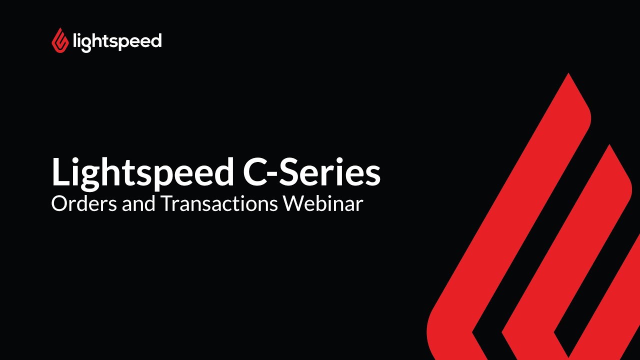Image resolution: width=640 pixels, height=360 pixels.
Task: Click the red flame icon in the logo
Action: [x=60, y=40]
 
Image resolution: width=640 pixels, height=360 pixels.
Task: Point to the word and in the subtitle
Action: [x=135, y=203]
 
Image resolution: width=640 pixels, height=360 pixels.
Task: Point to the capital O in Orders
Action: [x=59, y=203]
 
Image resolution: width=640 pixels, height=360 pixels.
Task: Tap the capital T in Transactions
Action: [x=165, y=203]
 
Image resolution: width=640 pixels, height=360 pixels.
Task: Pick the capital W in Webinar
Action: [x=294, y=203]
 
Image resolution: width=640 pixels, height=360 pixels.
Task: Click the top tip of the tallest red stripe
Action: [x=568, y=75]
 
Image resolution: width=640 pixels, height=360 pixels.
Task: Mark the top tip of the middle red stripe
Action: [x=609, y=146]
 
